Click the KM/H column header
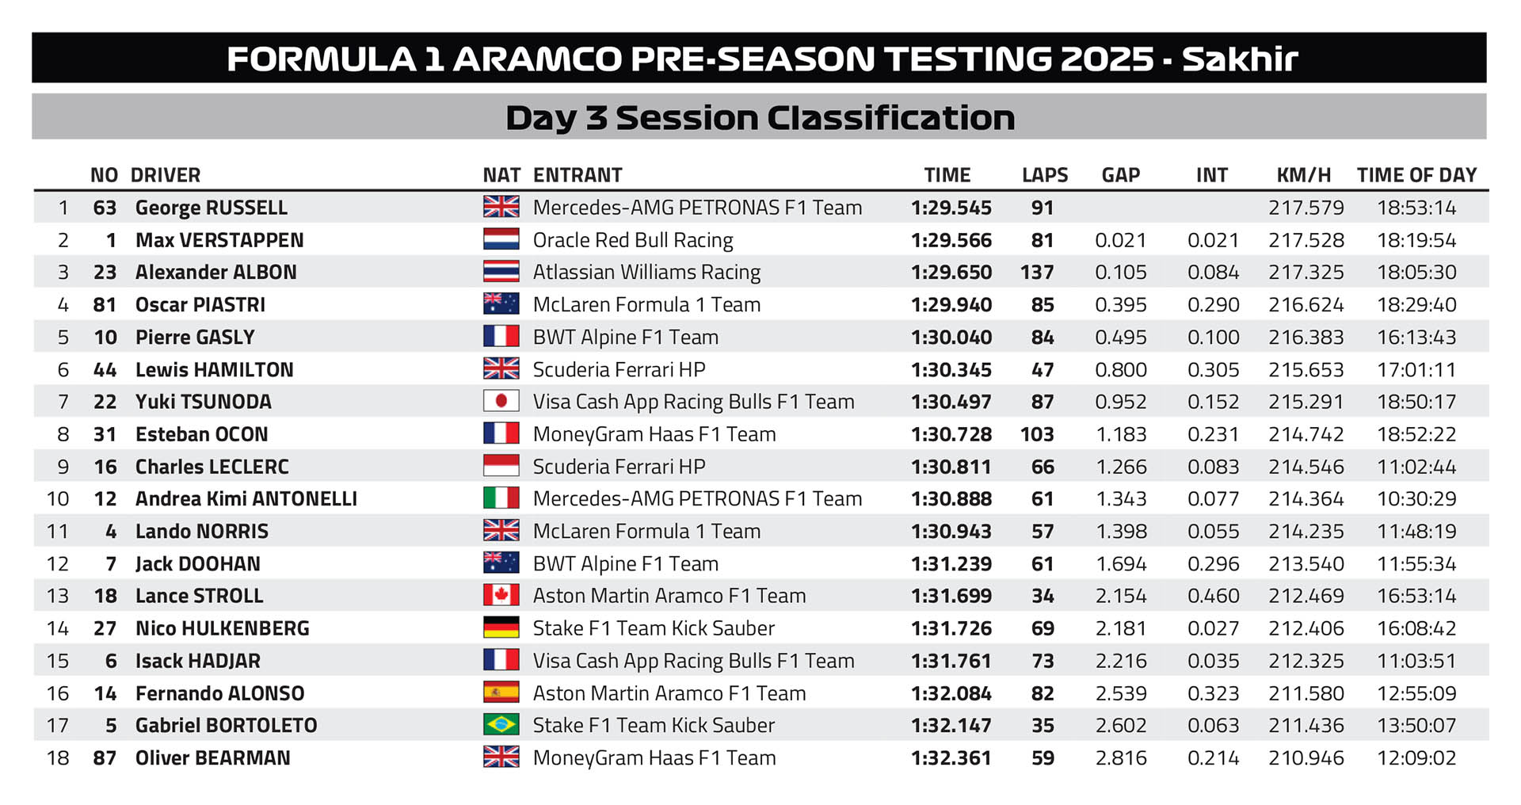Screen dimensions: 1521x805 1304,175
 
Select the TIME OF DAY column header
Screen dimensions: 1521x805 1416,175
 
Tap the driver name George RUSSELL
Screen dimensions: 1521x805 212,208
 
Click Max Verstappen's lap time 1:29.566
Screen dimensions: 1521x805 951,240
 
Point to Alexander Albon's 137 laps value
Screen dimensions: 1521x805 1037,273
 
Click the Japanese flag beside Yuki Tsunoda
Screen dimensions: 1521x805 501,402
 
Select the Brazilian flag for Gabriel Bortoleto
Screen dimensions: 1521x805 501,725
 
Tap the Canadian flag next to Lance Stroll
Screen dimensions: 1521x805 501,596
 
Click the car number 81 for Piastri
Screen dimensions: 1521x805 105,305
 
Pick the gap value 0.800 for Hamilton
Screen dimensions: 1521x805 1121,370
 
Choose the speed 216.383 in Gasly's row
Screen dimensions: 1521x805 1306,338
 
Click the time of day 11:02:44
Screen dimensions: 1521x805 1416,467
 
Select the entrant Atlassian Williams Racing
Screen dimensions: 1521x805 646,273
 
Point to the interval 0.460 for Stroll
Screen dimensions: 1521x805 1213,596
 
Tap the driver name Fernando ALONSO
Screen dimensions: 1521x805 220,693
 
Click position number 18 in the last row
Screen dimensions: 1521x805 58,758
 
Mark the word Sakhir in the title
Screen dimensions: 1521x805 1240,59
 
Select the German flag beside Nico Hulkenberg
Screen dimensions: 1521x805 501,628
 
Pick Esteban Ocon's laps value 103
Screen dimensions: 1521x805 1037,434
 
